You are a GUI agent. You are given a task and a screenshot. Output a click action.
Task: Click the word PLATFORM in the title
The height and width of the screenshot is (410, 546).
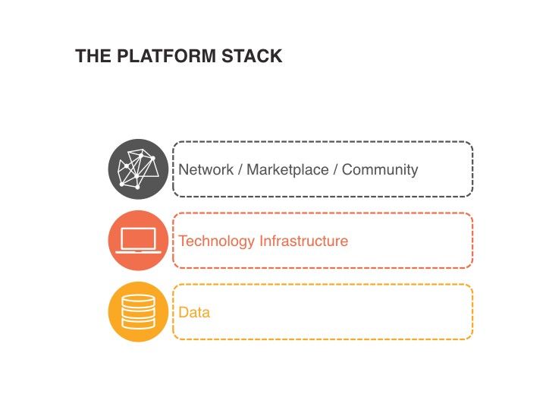(154, 56)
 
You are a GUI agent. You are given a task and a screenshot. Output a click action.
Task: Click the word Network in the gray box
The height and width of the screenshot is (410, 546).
(206, 169)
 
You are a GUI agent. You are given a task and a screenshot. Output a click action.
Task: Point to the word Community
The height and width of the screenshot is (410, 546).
(380, 169)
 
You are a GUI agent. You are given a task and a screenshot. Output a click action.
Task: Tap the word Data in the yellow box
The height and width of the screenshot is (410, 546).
(194, 312)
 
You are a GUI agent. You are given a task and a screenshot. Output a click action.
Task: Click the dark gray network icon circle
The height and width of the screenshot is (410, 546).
(138, 169)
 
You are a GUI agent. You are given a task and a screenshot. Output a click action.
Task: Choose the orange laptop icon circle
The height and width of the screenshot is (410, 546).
(138, 240)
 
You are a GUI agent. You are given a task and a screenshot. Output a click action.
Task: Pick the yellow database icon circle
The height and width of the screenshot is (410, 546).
(138, 312)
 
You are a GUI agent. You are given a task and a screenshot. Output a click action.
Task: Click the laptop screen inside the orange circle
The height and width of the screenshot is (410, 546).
(138, 238)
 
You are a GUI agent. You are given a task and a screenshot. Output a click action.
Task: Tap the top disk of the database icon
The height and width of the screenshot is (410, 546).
(138, 300)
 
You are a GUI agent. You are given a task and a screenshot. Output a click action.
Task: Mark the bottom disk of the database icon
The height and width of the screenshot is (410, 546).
(138, 323)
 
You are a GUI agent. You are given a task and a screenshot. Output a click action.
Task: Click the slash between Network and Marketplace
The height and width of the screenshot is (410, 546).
(240, 169)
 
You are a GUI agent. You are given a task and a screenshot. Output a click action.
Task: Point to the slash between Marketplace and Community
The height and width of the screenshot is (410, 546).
(336, 169)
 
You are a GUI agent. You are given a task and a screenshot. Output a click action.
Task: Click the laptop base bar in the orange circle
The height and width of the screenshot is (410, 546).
(138, 252)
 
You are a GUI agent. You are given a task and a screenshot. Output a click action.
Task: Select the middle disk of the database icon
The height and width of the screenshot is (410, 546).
(138, 312)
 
